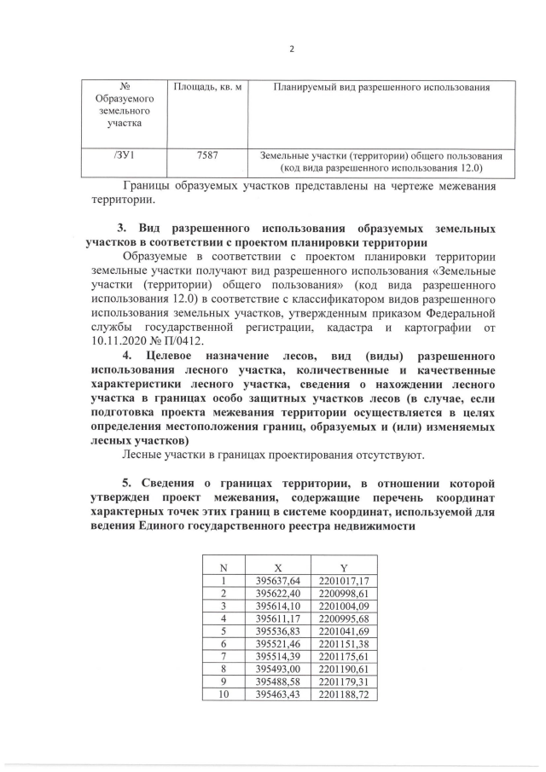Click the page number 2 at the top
point(291,49)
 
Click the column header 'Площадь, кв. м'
point(207,87)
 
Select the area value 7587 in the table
point(206,156)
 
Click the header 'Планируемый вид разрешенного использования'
point(381,87)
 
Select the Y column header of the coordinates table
point(343,567)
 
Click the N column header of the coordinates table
point(224,567)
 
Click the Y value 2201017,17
point(343,581)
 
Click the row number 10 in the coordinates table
point(224,696)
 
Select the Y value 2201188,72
point(343,696)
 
